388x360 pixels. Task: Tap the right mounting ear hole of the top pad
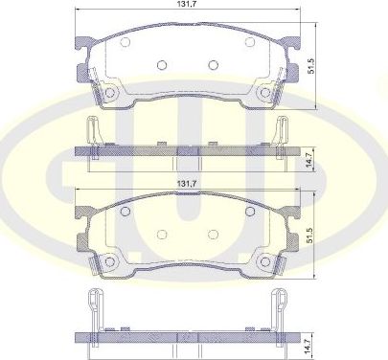[264, 93]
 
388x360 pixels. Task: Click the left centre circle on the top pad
[161, 65]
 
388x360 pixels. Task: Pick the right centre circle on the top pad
[212, 65]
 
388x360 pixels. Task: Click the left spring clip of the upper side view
[92, 130]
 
